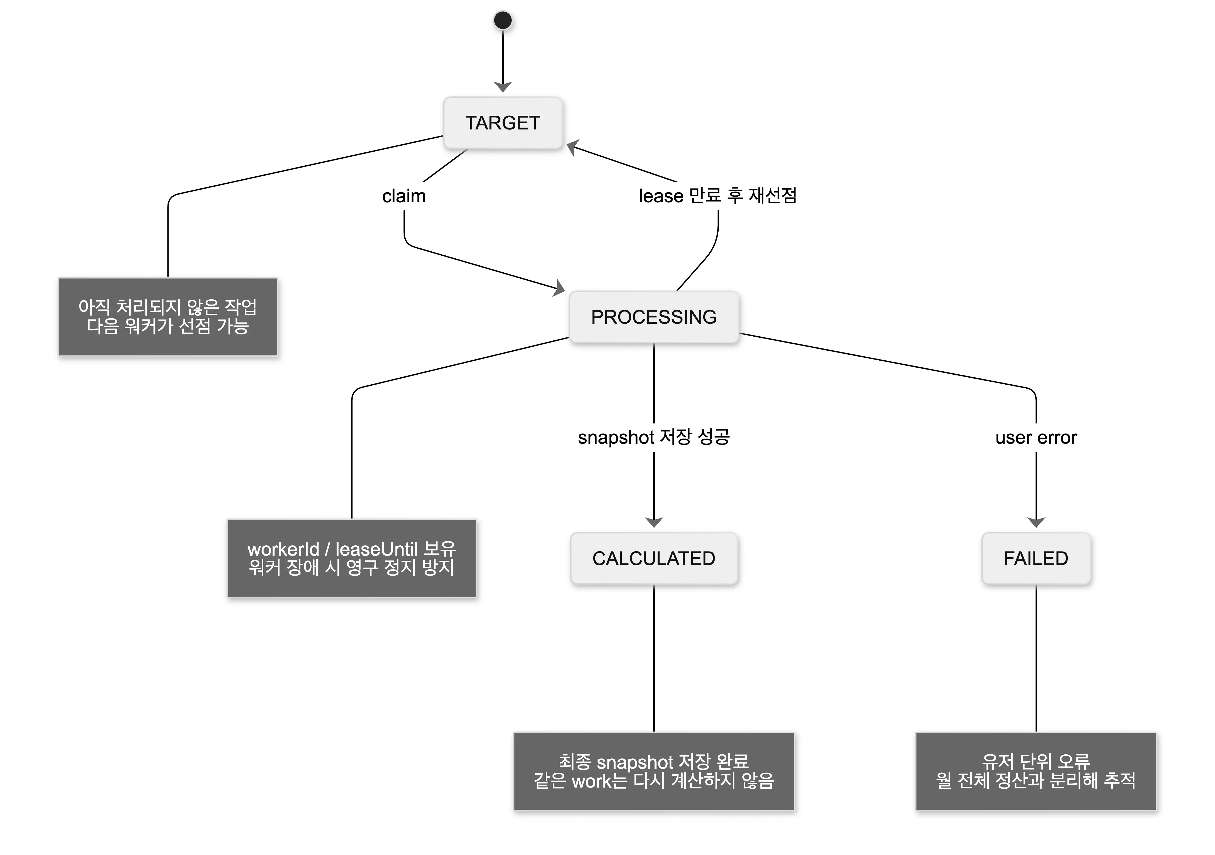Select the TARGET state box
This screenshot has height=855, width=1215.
pos(503,123)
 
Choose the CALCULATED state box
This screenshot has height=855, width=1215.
pos(654,558)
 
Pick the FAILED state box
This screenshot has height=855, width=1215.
pos(1036,558)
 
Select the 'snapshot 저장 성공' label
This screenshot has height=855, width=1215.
pos(654,437)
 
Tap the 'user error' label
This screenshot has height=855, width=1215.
pos(1036,437)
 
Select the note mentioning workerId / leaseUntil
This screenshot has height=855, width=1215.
pos(352,558)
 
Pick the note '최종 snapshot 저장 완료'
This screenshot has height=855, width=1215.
pos(654,771)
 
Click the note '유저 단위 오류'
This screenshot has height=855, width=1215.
pos(1036,771)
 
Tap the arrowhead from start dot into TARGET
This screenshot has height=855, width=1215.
pos(503,87)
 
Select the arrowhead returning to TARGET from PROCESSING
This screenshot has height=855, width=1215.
pos(573,147)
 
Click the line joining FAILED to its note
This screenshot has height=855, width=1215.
pos(1036,658)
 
